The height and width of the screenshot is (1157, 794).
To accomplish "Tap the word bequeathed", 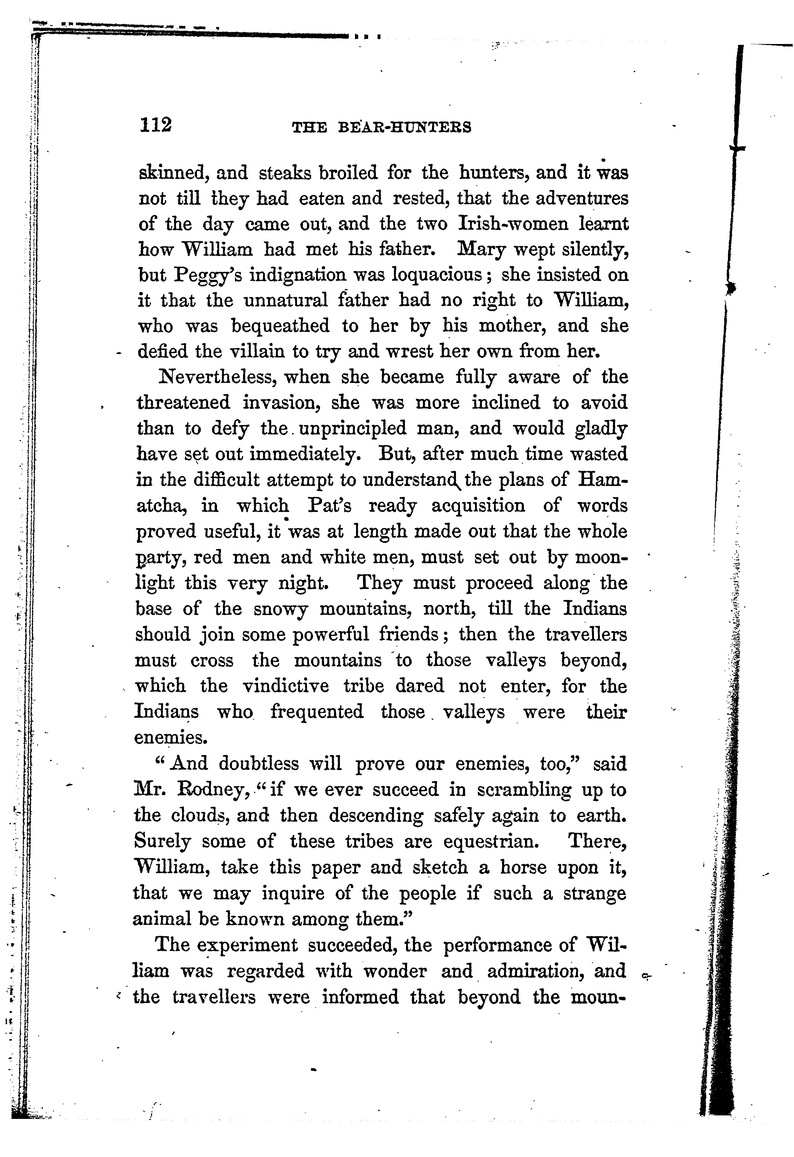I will (x=280, y=326).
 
